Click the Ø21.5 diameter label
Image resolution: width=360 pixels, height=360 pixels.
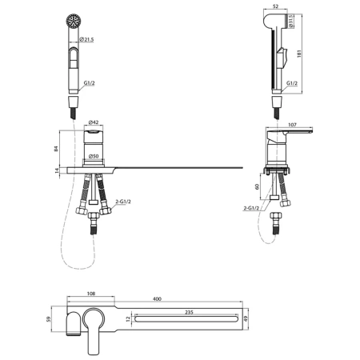pos(87,39)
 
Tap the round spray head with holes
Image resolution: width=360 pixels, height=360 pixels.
pos(74,21)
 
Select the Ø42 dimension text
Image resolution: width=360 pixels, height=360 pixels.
pos(94,122)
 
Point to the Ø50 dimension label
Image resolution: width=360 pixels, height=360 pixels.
pos(94,156)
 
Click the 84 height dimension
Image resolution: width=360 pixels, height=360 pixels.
pos(56,149)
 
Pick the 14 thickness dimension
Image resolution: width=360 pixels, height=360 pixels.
pos(57,170)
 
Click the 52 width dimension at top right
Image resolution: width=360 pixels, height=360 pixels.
pos(276,6)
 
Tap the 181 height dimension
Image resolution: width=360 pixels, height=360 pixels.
pos(298,54)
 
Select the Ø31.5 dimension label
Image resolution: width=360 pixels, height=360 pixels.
pos(291,21)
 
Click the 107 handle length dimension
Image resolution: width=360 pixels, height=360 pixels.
pos(293,125)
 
